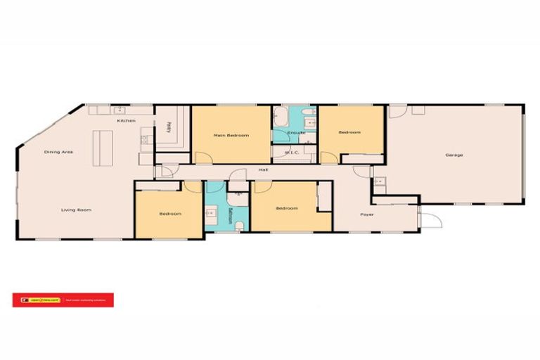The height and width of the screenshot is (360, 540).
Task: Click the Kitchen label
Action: coord(126,121)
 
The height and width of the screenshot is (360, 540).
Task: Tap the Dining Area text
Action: coord(58,152)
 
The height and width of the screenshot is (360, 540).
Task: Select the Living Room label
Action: coord(76,210)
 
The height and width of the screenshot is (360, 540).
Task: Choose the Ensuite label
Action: coord(296,132)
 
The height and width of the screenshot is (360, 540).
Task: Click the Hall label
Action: coord(263,169)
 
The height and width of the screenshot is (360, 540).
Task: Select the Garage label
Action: coord(454,155)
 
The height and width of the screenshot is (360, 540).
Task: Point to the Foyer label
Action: coord(367,214)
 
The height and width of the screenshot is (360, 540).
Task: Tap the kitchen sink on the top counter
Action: coord(120,110)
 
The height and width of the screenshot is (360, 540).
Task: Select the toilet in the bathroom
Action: coord(240,225)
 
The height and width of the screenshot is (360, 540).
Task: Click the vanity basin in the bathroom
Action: coord(211,210)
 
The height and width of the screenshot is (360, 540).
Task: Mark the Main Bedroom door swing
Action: coord(203,157)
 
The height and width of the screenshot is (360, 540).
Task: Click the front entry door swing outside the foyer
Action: coord(434,219)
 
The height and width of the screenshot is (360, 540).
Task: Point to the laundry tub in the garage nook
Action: coord(380,181)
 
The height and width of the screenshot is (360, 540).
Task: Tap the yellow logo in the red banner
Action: coord(26,300)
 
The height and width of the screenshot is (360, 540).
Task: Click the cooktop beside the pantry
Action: coord(145,139)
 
